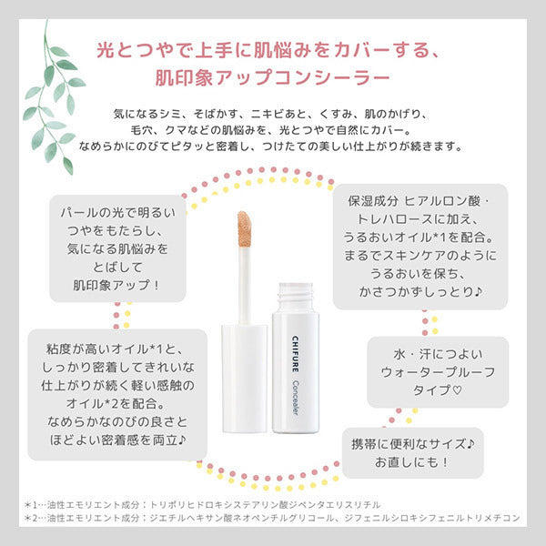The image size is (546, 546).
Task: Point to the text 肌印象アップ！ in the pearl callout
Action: tap(114, 285)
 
